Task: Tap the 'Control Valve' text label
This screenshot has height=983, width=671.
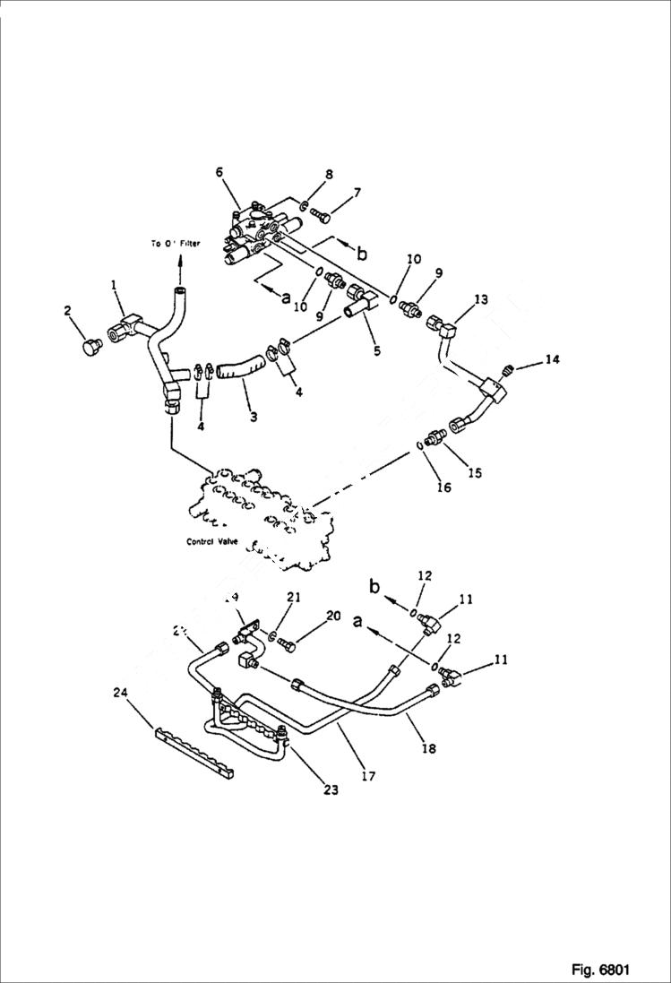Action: click(211, 541)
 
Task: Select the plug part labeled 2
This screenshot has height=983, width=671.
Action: click(89, 348)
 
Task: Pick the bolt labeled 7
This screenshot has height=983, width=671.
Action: click(322, 215)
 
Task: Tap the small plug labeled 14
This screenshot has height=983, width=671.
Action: click(506, 370)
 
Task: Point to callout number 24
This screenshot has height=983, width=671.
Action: click(120, 691)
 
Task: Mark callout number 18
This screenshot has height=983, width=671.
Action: click(428, 747)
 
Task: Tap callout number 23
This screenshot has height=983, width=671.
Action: click(331, 790)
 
